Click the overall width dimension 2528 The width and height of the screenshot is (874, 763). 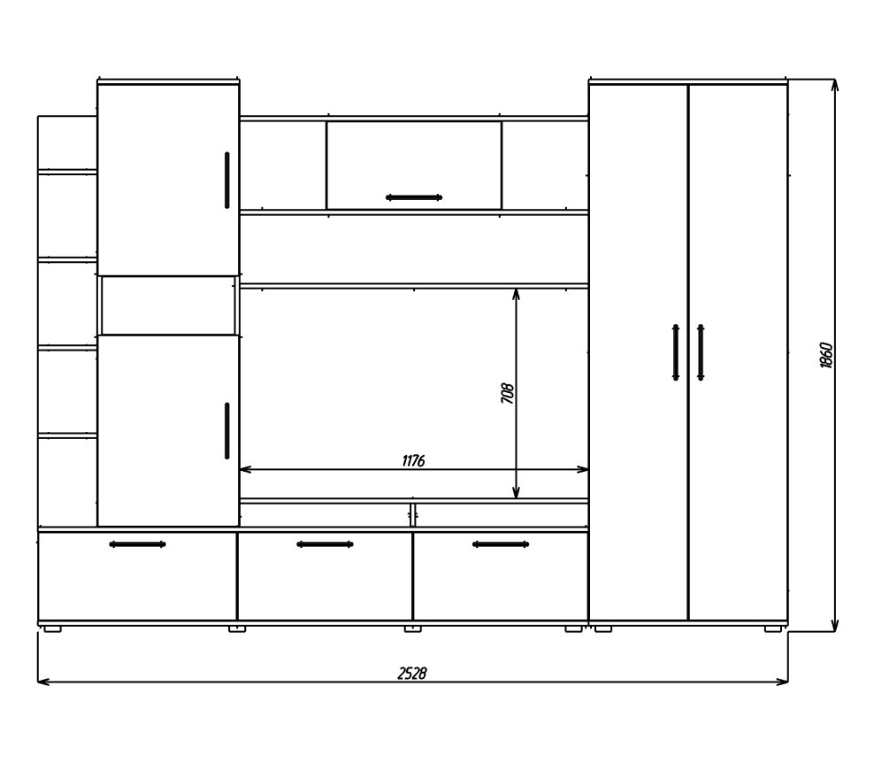412,674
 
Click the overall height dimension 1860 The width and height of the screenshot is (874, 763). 826,355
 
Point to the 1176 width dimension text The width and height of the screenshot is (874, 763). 413,460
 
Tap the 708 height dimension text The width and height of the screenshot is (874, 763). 507,393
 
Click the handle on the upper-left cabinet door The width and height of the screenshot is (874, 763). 226,181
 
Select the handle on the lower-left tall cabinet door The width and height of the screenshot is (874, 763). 226,430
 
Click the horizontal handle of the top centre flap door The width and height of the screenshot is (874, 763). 414,197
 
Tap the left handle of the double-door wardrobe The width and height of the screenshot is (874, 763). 676,352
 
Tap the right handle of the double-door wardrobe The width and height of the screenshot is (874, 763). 701,352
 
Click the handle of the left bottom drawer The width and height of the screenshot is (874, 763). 137,544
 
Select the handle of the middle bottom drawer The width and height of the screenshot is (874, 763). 325,544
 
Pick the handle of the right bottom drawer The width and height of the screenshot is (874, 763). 501,544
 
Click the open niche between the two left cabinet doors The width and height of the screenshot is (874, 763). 168,305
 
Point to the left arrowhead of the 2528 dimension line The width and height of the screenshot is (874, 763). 43,682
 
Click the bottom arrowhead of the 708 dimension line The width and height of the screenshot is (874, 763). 516,492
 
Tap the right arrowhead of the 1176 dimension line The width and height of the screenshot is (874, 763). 582,470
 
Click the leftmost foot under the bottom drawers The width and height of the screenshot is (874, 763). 52,628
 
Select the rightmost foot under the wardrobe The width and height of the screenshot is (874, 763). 772,628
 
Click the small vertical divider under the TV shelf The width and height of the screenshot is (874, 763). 412,515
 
